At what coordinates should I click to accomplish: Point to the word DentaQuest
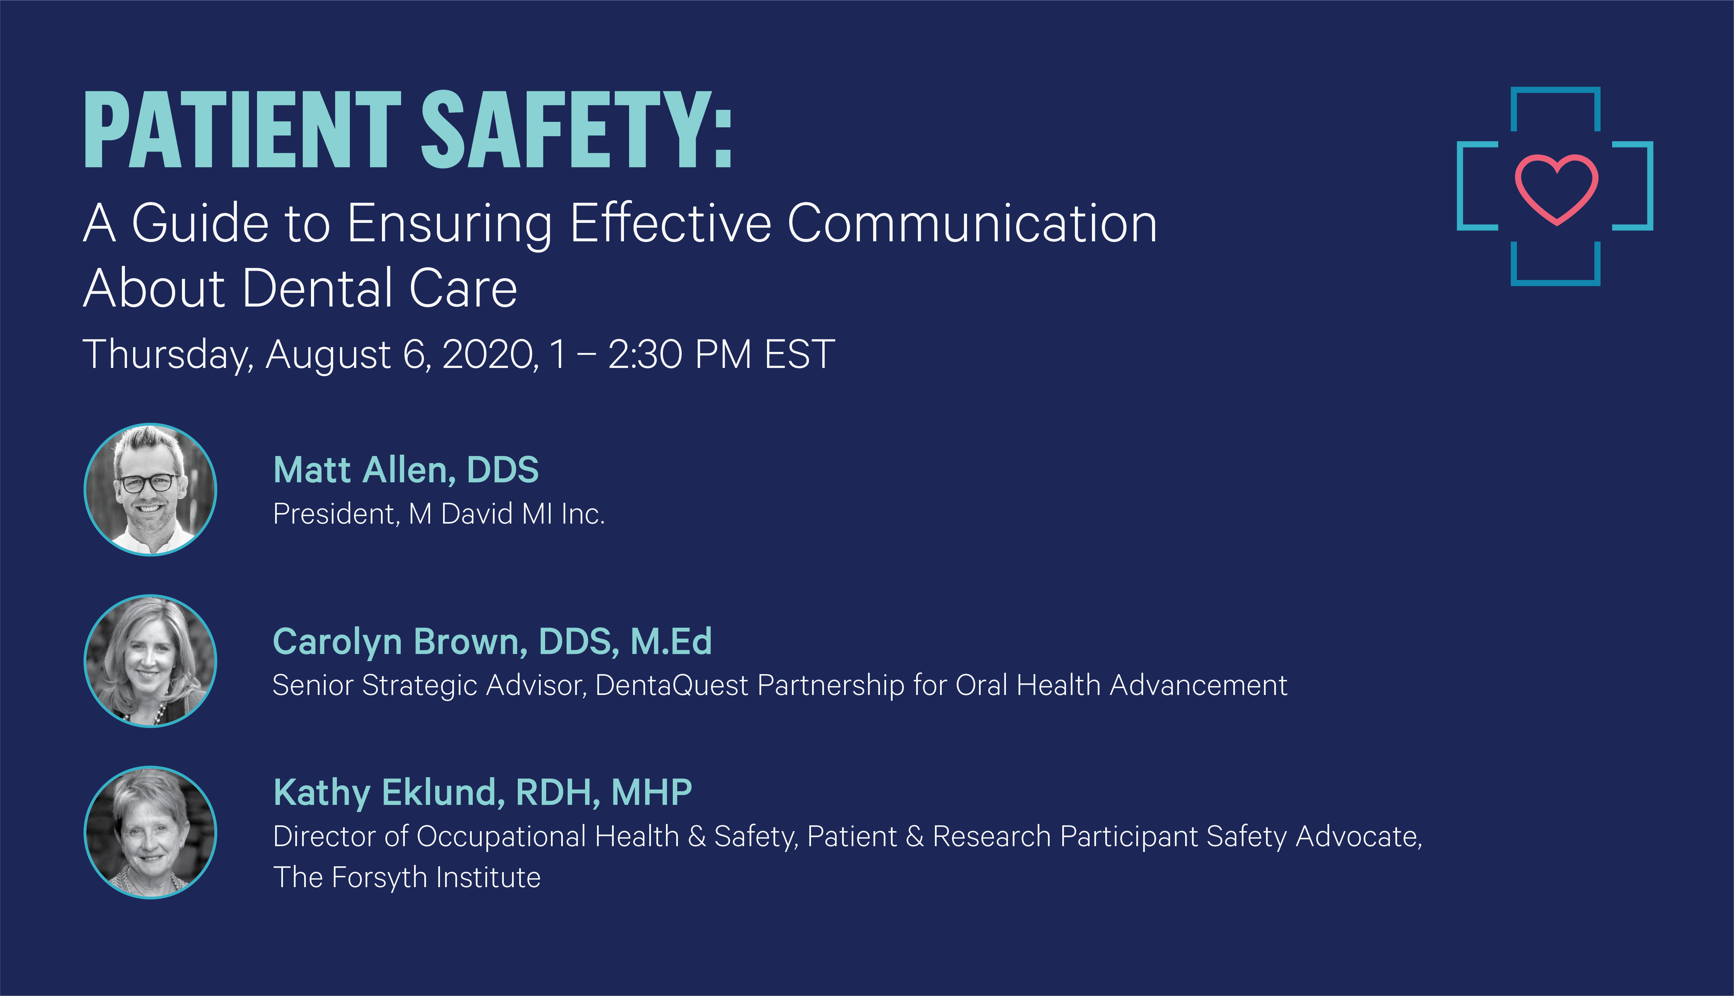tap(672, 685)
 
